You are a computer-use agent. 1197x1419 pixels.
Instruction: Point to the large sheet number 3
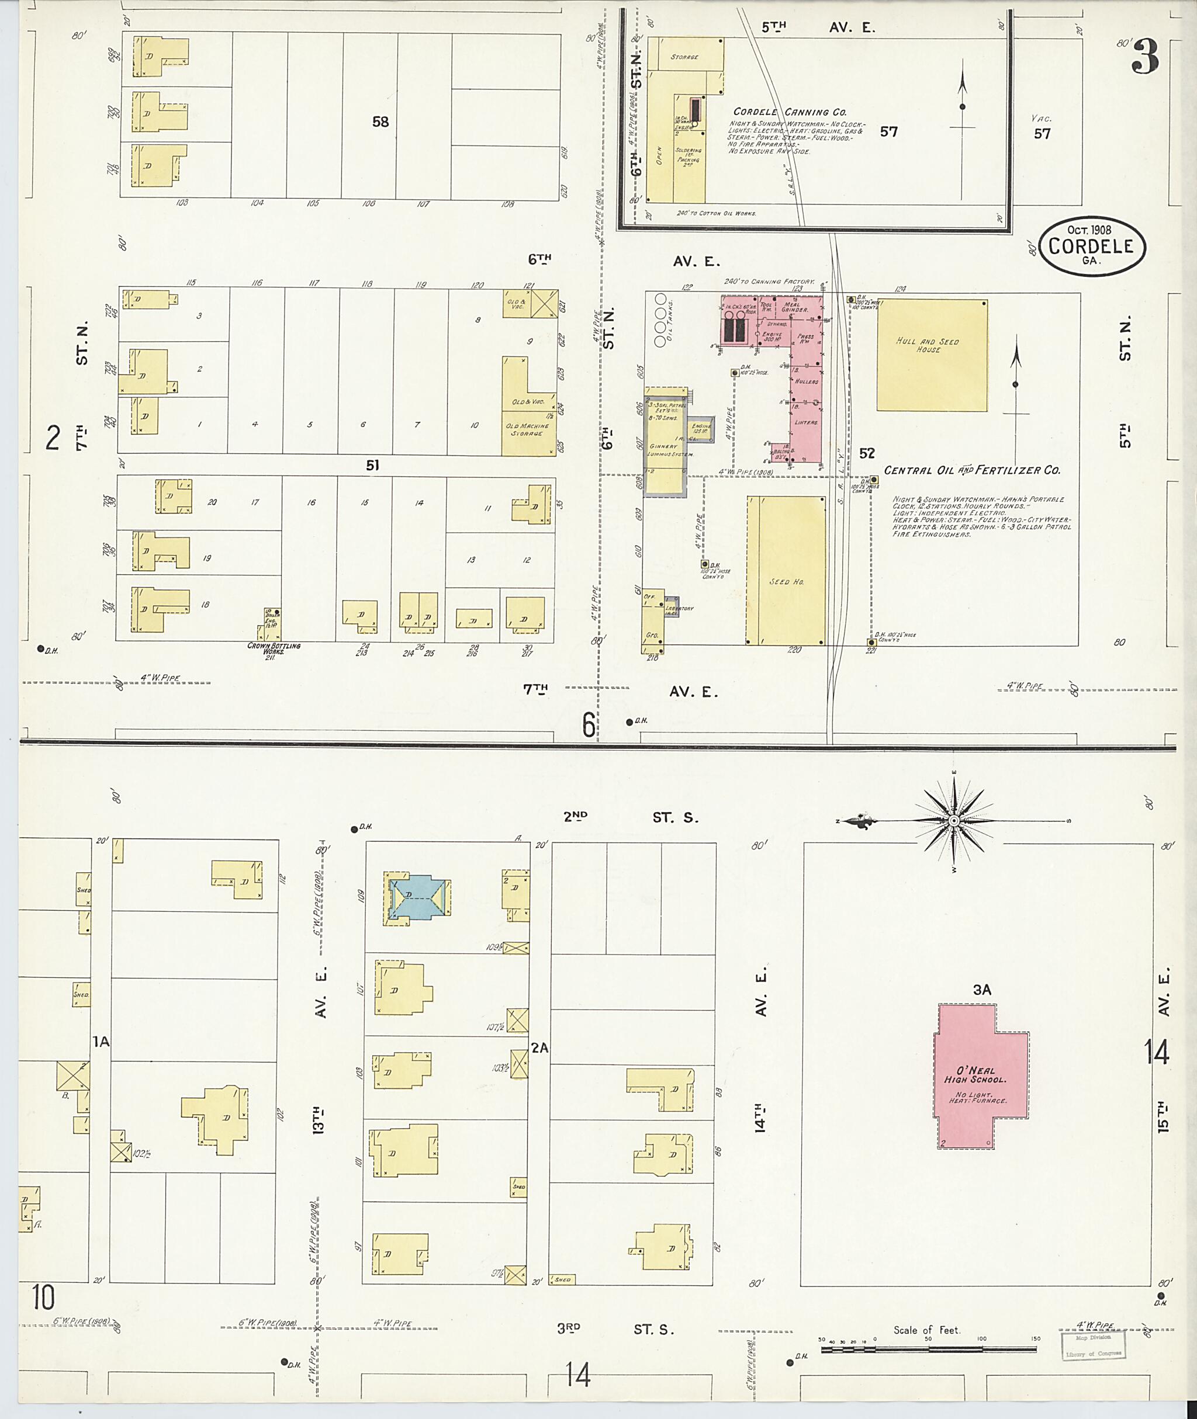tap(1145, 57)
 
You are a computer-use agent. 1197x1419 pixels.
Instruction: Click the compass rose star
tap(953, 821)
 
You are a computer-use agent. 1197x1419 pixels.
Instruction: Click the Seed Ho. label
tap(786, 582)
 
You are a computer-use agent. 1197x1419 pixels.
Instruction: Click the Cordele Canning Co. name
tap(790, 112)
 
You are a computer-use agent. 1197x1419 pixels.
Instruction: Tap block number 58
tap(380, 122)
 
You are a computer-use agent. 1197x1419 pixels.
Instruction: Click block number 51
tap(372, 466)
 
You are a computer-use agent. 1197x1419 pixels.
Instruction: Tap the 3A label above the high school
tap(982, 990)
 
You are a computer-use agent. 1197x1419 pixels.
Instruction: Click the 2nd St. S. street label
tap(629, 817)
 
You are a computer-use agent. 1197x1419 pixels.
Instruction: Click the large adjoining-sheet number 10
tap(42, 1297)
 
